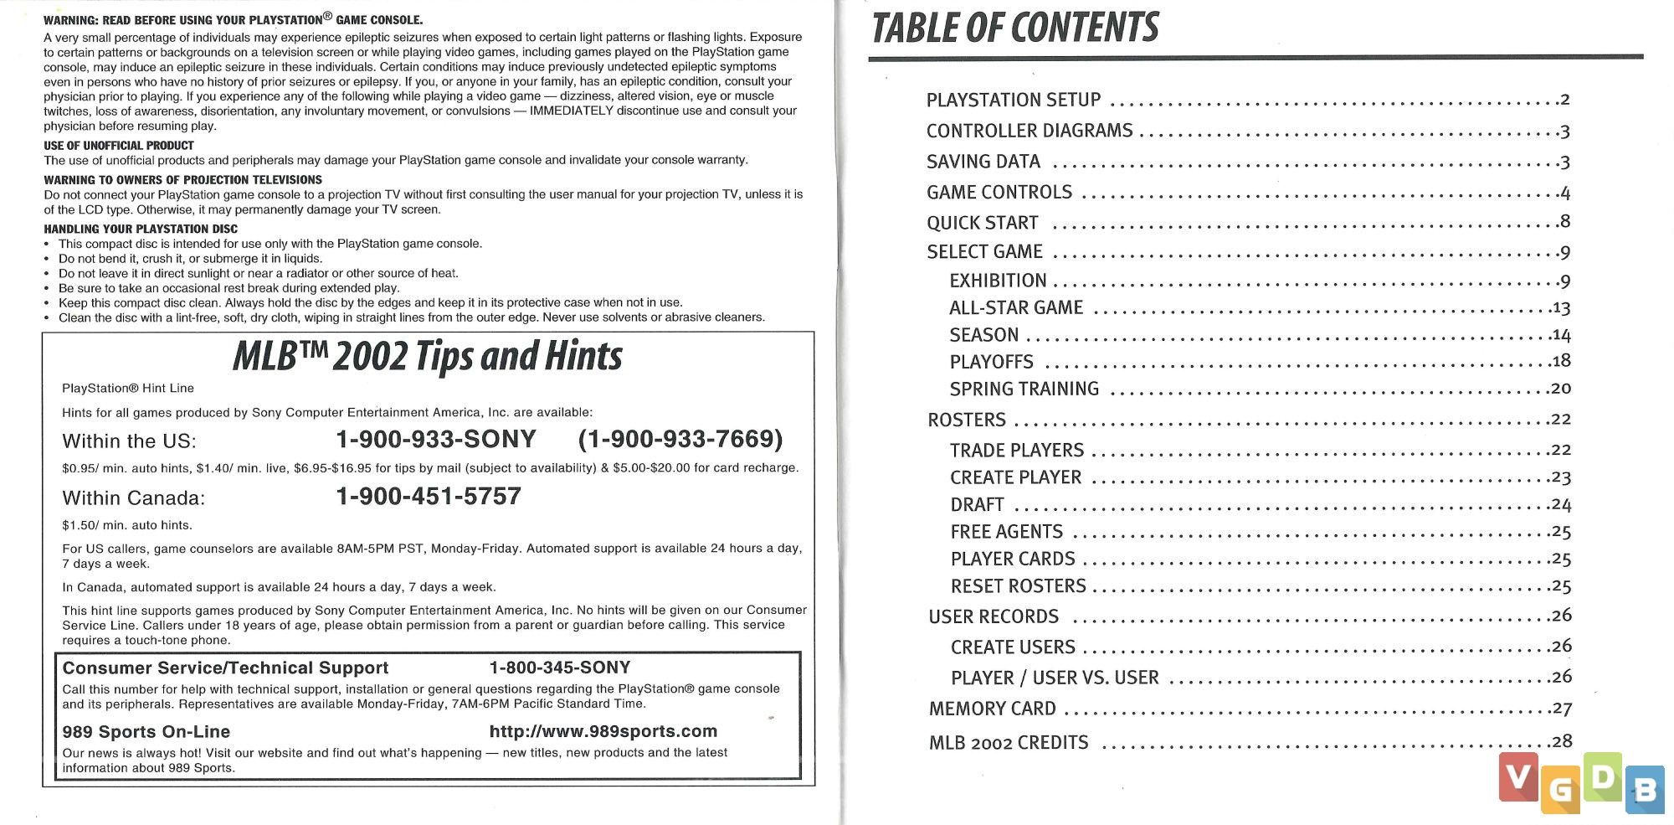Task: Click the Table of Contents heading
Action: click(x=1014, y=28)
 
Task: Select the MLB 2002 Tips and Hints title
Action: click(x=427, y=357)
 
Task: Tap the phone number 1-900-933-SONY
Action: click(x=435, y=439)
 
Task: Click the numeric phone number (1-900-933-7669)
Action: click(x=680, y=439)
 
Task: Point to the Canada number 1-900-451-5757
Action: click(x=428, y=497)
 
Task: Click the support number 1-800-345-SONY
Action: click(x=559, y=668)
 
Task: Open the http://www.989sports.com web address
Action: click(x=603, y=731)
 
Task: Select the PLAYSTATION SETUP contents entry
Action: click(x=1013, y=101)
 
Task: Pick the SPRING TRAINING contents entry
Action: click(x=1024, y=389)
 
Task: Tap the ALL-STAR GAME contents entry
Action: click(x=1015, y=308)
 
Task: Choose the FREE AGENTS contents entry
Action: click(x=1006, y=532)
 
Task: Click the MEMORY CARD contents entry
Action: click(x=992, y=709)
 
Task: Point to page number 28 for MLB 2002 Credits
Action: click(x=1561, y=741)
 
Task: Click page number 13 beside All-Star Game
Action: click(x=1560, y=308)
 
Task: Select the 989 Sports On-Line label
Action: click(x=146, y=731)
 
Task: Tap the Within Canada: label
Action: click(x=133, y=498)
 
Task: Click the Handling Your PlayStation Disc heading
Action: click(x=141, y=229)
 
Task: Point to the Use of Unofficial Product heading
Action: click(x=118, y=146)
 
